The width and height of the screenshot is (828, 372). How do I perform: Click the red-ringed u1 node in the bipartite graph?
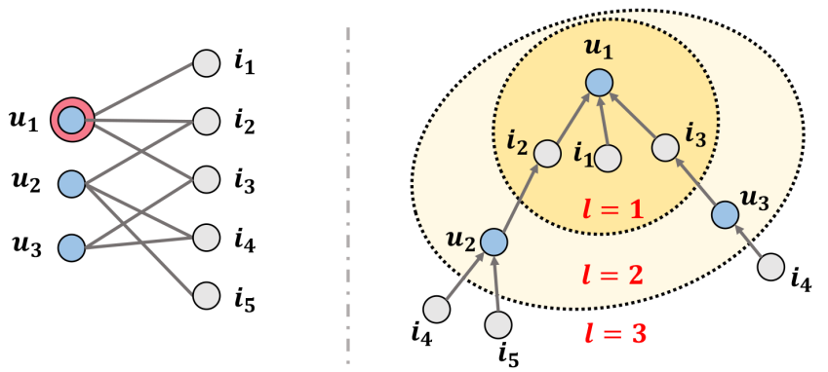[x=71, y=120]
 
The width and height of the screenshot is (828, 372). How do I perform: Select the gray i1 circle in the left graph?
[x=206, y=64]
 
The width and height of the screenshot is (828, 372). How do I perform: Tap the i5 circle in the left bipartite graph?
[x=206, y=294]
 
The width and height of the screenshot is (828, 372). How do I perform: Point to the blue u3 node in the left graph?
[x=71, y=247]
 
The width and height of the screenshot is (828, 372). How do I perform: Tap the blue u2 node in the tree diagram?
[x=494, y=241]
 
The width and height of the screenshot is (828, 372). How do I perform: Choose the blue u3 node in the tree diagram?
[x=724, y=214]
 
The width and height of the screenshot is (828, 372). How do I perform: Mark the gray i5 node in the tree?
[x=498, y=323]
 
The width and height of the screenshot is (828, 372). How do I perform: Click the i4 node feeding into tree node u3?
[x=771, y=266]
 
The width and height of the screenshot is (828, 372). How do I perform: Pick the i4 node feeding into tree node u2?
[x=436, y=310]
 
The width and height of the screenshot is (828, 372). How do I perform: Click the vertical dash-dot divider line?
[x=348, y=185]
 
